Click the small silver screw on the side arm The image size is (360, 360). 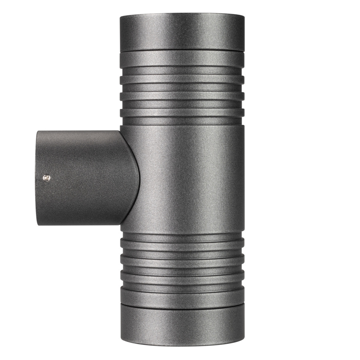point(47,177)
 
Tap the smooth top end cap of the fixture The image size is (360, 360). point(182,32)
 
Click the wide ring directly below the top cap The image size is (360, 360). point(182,58)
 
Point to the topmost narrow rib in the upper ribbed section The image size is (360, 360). point(182,79)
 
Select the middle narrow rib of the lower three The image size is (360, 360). point(182,260)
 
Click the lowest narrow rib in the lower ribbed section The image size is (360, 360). point(182,276)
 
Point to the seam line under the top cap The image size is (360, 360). point(182,50)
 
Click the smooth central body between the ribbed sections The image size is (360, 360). point(188,180)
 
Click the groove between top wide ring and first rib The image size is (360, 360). point(182,69)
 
